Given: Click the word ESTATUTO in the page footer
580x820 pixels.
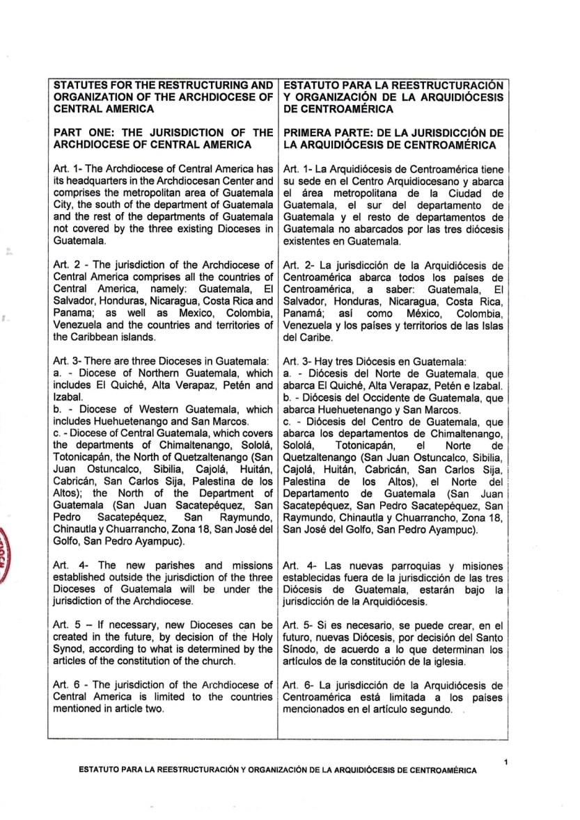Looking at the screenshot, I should [x=102, y=771].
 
